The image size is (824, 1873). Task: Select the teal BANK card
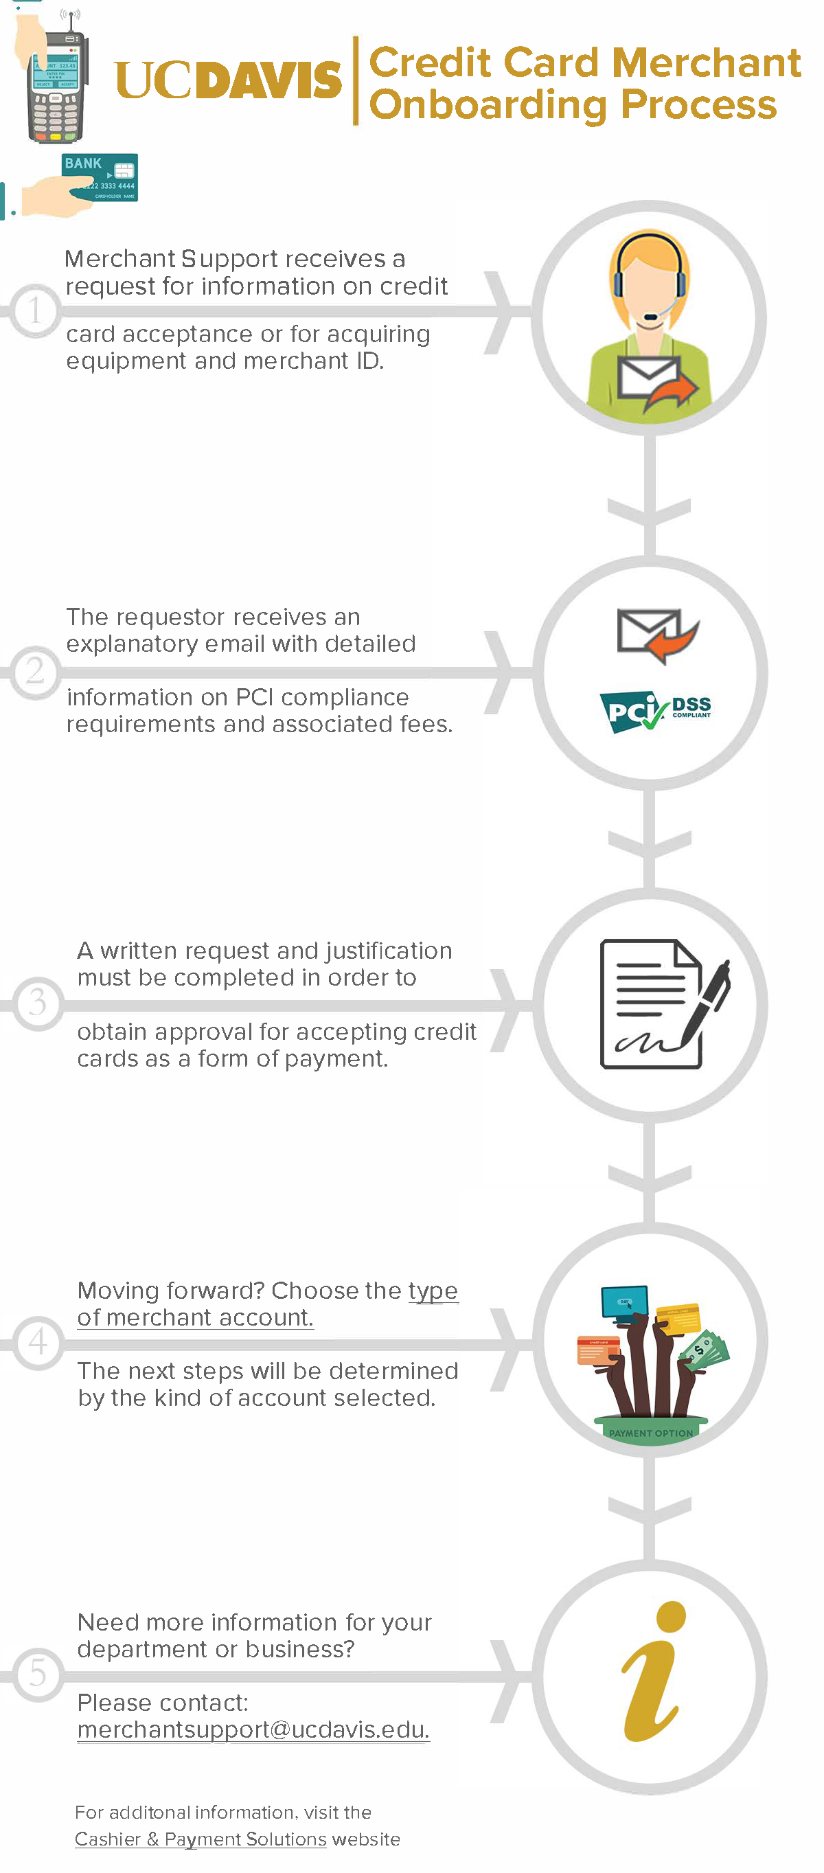[100, 177]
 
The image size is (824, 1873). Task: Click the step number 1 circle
[34, 310]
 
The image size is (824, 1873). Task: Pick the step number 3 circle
[37, 1003]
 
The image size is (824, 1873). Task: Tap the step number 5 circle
[37, 1673]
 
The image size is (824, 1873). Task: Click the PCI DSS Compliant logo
[654, 710]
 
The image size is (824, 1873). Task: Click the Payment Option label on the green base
[650, 1432]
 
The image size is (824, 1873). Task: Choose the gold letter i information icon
[652, 1672]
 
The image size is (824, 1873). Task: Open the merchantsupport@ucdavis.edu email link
[253, 1729]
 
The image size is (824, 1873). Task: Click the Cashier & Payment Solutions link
[201, 1839]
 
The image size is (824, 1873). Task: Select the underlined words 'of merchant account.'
[195, 1317]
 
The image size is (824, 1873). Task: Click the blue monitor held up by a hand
[624, 1301]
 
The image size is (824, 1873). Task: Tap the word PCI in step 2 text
[253, 697]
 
